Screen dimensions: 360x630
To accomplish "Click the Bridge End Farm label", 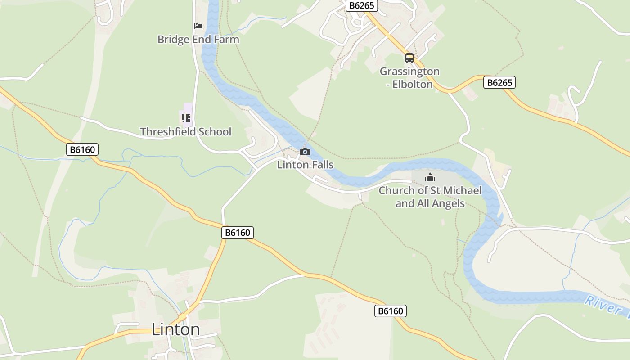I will (198, 40).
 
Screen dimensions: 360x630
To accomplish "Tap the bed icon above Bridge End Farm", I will (198, 26).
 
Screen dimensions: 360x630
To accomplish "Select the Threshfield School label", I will (185, 132).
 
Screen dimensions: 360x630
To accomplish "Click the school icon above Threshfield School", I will (185, 118).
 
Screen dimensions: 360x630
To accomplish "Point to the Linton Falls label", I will (305, 165).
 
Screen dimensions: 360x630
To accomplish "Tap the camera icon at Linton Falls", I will (305, 152).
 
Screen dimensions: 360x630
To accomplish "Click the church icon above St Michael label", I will (430, 178).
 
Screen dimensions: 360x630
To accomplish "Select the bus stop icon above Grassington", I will (409, 58).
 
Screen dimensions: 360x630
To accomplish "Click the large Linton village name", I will (175, 329).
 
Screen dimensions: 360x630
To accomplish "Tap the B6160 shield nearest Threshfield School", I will (82, 149).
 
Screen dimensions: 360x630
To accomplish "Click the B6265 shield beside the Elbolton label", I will (499, 82).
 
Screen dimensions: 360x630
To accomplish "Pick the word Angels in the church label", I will (448, 203).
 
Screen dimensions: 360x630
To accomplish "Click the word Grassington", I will (409, 72).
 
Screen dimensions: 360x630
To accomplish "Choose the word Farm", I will (227, 40).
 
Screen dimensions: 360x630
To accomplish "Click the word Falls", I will (321, 165).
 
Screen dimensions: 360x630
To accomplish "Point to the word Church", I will (396, 190).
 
